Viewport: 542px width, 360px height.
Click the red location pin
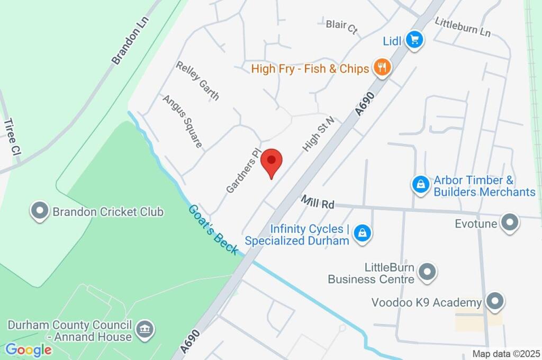272,161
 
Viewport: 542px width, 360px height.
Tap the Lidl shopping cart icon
415,40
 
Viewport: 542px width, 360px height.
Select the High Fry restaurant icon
382,67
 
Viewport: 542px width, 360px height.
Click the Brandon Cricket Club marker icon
40,211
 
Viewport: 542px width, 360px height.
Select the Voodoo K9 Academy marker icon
495,301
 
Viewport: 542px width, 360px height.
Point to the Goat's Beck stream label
213,229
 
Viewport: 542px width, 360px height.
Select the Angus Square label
182,121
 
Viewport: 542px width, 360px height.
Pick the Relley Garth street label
197,80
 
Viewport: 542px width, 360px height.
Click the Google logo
29,349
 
